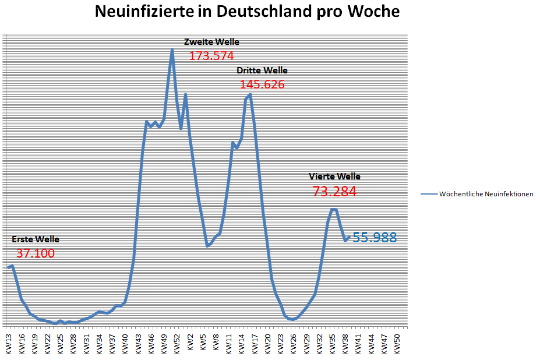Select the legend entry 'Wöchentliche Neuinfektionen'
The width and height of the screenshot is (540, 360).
[486, 194]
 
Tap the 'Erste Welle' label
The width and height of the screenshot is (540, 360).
[35, 239]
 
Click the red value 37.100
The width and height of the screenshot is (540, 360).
[35, 253]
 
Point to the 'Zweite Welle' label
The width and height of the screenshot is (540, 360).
[211, 42]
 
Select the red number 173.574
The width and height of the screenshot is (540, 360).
[211, 57]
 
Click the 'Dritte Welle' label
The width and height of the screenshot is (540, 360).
[262, 70]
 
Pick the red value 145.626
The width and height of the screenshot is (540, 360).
[262, 84]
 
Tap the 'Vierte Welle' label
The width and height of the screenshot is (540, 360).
[334, 177]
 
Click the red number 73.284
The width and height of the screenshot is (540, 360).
[334, 192]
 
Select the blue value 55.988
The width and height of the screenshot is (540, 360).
[375, 238]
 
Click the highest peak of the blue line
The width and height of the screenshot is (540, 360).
[172, 50]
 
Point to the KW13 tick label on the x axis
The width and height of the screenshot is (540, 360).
[9, 343]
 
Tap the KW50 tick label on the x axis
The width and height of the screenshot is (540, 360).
[397, 343]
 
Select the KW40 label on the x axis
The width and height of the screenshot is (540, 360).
[125, 343]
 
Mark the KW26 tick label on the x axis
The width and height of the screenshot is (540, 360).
[294, 343]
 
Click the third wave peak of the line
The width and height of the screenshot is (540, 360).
[249, 94]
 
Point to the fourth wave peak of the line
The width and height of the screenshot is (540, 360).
[333, 209]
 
